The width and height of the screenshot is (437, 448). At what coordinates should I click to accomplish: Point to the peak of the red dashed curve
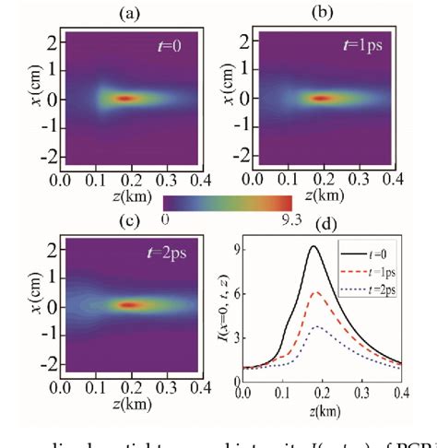coord(316,292)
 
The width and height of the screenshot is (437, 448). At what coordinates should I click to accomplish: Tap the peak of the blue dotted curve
coord(315,326)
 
